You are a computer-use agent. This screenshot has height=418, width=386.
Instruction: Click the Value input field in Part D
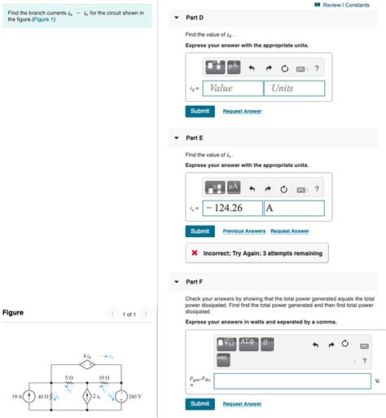(x=233, y=88)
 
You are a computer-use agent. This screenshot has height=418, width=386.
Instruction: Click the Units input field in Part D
(x=293, y=88)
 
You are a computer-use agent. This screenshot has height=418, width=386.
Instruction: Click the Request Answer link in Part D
(x=242, y=111)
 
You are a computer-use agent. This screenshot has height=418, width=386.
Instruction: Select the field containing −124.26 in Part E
(x=233, y=208)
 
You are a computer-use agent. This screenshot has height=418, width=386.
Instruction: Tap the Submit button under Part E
(x=200, y=231)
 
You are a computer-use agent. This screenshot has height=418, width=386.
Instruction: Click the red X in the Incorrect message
(x=195, y=253)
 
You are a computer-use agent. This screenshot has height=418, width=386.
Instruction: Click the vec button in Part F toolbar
(x=223, y=358)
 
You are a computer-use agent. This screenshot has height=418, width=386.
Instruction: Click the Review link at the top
(x=331, y=5)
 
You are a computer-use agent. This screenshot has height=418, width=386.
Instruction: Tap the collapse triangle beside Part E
(x=177, y=138)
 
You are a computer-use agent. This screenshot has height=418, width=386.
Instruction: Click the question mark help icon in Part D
(x=316, y=68)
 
